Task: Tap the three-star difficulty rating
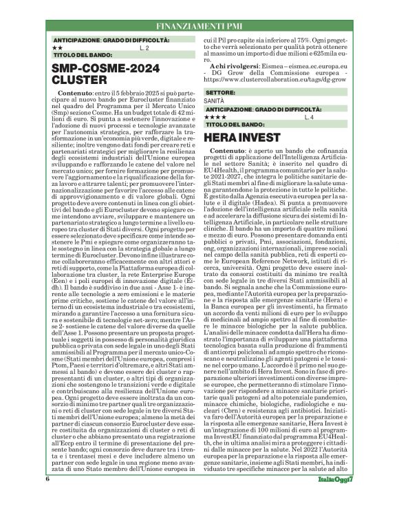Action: pyautogui.click(x=213, y=118)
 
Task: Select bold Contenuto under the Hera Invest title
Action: pyautogui.click(x=228, y=150)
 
